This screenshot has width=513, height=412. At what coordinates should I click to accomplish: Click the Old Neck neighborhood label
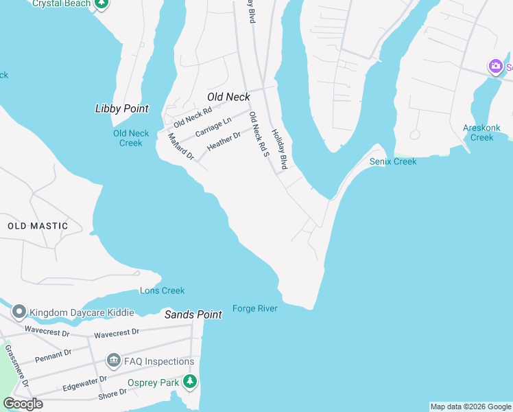228,98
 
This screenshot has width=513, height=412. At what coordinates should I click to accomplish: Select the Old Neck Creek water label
131,138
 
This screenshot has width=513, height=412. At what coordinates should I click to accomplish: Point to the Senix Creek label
393,161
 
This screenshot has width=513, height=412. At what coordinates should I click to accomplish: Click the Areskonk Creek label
481,133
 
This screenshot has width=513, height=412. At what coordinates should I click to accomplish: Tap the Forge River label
254,308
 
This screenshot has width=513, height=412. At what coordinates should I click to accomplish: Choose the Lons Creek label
163,290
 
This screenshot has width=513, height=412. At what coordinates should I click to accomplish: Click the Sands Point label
193,314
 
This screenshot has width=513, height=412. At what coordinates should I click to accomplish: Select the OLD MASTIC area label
38,226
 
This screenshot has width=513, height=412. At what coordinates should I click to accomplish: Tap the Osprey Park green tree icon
190,382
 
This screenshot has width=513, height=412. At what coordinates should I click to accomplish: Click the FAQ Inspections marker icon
113,360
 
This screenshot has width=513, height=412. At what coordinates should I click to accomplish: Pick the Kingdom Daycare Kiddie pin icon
19,312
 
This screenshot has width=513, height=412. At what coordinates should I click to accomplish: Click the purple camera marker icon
495,67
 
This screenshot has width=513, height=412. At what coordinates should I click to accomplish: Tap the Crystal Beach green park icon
102,3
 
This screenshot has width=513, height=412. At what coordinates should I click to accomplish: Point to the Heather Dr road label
224,141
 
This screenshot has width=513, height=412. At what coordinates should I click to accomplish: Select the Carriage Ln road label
213,127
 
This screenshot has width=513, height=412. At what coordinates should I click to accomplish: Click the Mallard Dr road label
181,147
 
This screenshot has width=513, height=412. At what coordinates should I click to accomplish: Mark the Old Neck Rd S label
258,135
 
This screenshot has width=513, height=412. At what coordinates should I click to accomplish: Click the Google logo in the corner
23,404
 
